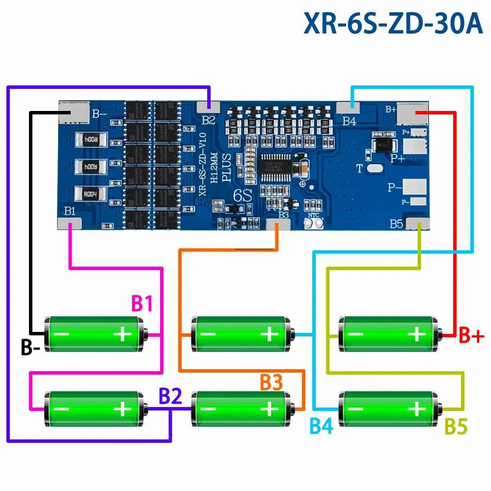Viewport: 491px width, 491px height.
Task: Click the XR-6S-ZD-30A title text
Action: (x=393, y=25)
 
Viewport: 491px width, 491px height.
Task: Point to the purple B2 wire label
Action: (x=170, y=396)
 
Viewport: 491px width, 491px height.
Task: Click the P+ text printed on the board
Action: (x=397, y=159)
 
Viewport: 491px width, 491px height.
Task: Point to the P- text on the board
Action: (x=394, y=187)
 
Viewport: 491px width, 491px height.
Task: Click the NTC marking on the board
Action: (x=314, y=215)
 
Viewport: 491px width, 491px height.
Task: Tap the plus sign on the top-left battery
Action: (x=122, y=335)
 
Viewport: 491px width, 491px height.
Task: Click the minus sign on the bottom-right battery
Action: (x=357, y=409)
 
